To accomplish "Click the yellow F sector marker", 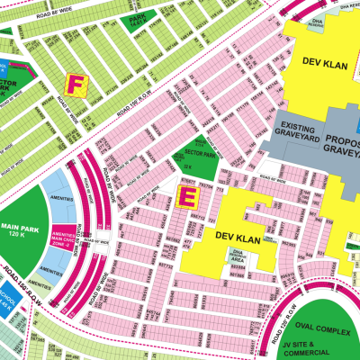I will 75,84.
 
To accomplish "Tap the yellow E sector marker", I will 190,195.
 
